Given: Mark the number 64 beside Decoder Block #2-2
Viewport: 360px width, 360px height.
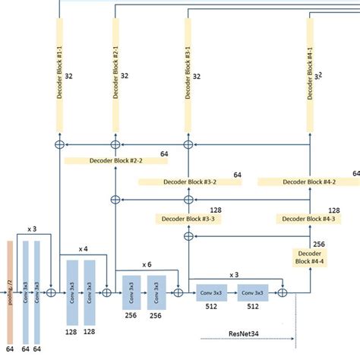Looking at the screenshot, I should tap(165, 153).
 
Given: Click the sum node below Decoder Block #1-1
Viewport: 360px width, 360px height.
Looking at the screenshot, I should tap(59, 144).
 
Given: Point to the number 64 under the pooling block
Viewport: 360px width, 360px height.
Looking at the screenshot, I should tap(10, 348).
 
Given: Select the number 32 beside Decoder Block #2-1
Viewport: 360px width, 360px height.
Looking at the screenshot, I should tap(125, 76).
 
